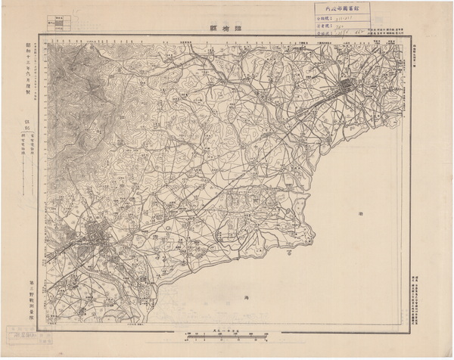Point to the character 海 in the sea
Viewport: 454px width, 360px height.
tap(246, 299)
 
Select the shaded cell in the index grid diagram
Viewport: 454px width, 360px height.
tap(54, 23)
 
